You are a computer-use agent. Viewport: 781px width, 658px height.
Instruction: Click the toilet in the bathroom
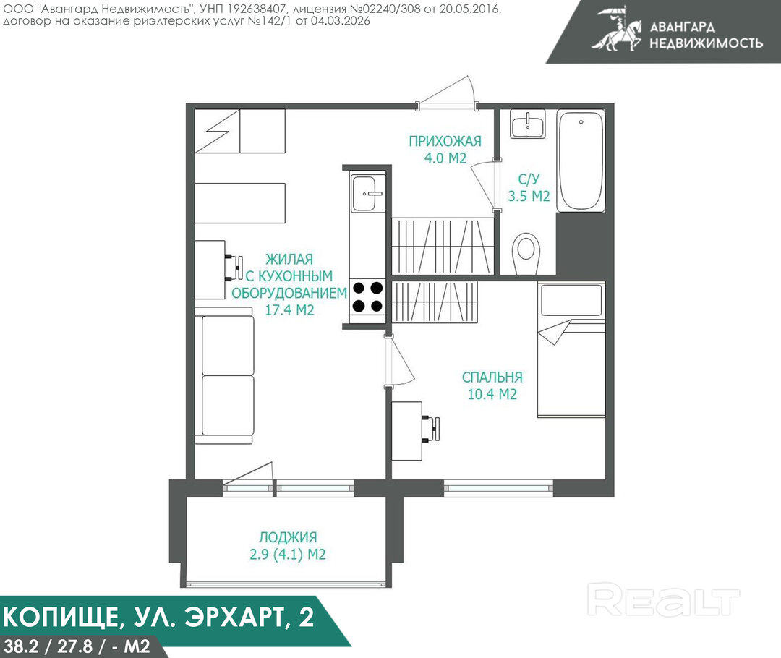(526, 253)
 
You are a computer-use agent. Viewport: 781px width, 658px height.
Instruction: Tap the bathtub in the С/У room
(581, 161)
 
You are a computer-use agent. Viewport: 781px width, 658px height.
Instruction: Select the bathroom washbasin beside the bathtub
(528, 124)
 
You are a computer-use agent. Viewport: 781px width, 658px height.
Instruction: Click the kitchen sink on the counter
(367, 193)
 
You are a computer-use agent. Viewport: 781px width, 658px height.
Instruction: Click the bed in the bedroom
(571, 349)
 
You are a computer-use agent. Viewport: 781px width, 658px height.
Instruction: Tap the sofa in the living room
(224, 375)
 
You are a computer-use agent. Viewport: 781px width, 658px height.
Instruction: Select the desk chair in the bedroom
(431, 429)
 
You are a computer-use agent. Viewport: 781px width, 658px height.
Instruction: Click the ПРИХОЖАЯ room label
(445, 142)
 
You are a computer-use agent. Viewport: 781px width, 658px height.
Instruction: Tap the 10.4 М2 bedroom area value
(492, 394)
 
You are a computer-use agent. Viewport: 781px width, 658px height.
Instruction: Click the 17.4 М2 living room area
(289, 309)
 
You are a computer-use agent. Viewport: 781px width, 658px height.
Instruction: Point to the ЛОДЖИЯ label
(288, 537)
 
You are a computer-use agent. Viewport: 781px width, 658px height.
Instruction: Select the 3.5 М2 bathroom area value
(529, 196)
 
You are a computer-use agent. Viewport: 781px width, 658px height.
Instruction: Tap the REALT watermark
(663, 599)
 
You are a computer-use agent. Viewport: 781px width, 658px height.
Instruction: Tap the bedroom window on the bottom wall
(498, 488)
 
